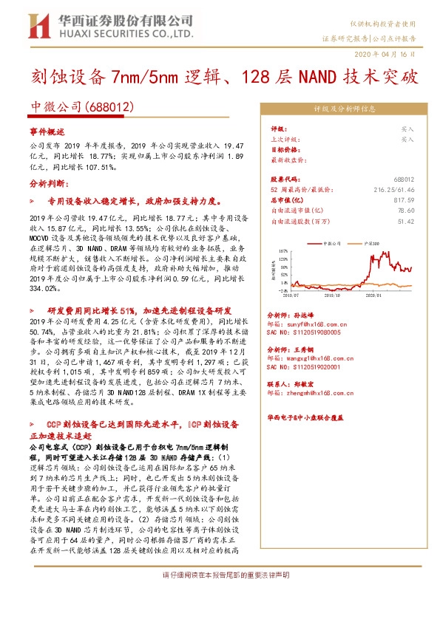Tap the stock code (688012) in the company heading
(x=110, y=108)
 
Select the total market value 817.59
(x=403, y=199)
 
